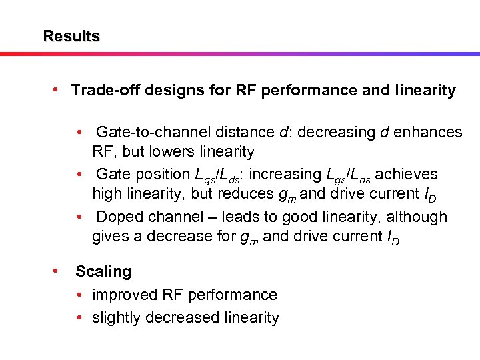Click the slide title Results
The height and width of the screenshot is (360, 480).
click(71, 36)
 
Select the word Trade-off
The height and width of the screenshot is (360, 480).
click(99, 90)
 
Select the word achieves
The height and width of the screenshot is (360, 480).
click(407, 175)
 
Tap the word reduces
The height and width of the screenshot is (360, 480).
click(209, 194)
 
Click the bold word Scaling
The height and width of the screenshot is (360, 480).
click(103, 271)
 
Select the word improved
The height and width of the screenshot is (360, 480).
click(123, 295)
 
